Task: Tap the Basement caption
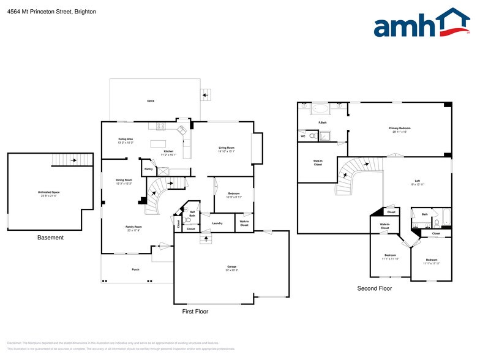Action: coord(50,238)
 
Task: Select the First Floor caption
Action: coord(195,312)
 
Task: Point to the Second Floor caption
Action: coord(375,288)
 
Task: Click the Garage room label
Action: coord(231,266)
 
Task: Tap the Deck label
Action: coord(150,101)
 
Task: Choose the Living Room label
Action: coord(227,148)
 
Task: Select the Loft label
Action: coord(417,181)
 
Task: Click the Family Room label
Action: coord(134,227)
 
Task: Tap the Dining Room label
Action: coord(124,181)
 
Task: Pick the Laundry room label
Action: coord(217,223)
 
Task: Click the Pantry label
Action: coord(149,169)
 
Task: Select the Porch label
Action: coord(135,269)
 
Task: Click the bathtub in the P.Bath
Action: coord(321,110)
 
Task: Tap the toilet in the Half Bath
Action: coord(189,220)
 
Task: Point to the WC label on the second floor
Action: coord(303,137)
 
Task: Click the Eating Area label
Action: coord(126,140)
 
